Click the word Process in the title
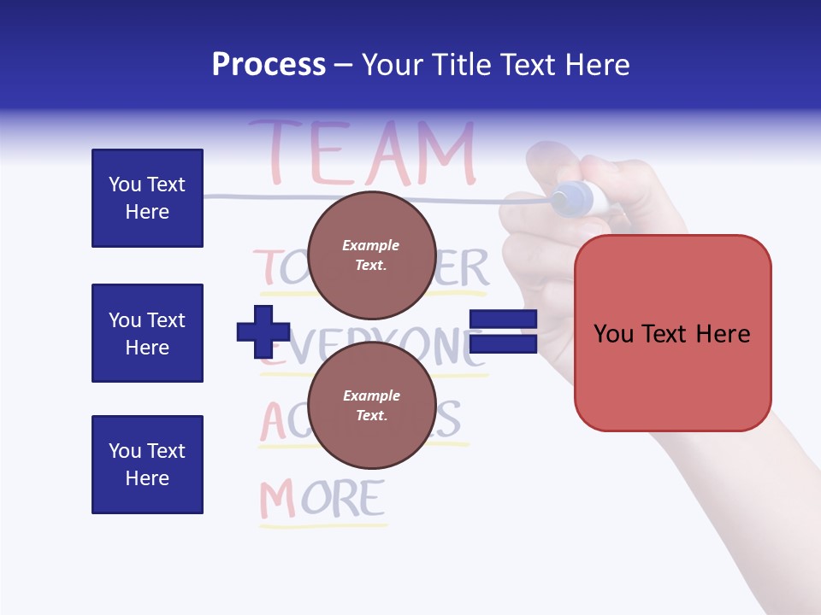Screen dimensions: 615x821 pyautogui.click(x=269, y=65)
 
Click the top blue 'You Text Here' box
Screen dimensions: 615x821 pyautogui.click(x=147, y=198)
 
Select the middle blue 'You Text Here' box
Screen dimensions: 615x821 pyautogui.click(x=147, y=333)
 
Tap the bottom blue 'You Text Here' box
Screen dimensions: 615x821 pyautogui.click(x=147, y=465)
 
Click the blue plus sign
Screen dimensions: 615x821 pyautogui.click(x=263, y=331)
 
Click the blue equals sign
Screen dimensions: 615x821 pyautogui.click(x=503, y=331)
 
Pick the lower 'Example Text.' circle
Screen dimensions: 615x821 pyautogui.click(x=371, y=405)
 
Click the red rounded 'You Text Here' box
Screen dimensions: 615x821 pyautogui.click(x=672, y=333)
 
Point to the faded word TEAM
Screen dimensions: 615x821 pyautogui.click(x=361, y=154)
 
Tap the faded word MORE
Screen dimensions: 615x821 pyautogui.click(x=322, y=500)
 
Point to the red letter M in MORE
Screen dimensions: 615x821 pyautogui.click(x=277, y=501)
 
